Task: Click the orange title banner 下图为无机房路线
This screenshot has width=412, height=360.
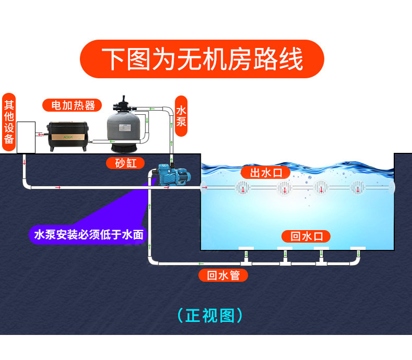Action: point(202,59)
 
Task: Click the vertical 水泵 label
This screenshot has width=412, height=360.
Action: point(181,116)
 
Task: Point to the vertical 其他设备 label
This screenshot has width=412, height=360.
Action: point(9,122)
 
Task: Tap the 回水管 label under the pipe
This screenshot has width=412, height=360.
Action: point(224,275)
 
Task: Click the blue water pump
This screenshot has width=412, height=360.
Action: point(173,174)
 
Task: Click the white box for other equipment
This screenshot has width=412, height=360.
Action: point(26,137)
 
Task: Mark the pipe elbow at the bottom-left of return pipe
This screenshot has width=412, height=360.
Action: point(151,261)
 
